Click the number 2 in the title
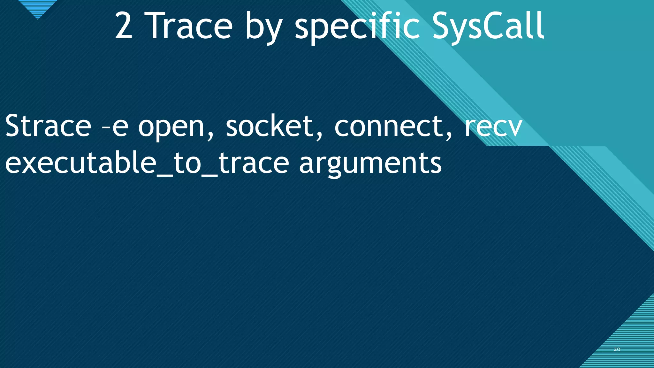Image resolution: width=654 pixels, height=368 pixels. tap(124, 26)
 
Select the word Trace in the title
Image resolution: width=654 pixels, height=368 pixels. tap(190, 26)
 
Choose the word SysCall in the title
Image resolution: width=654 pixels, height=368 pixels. tap(488, 26)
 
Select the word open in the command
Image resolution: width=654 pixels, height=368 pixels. tap(171, 128)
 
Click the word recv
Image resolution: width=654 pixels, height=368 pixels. tap(493, 127)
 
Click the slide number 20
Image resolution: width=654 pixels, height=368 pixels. tap(617, 349)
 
